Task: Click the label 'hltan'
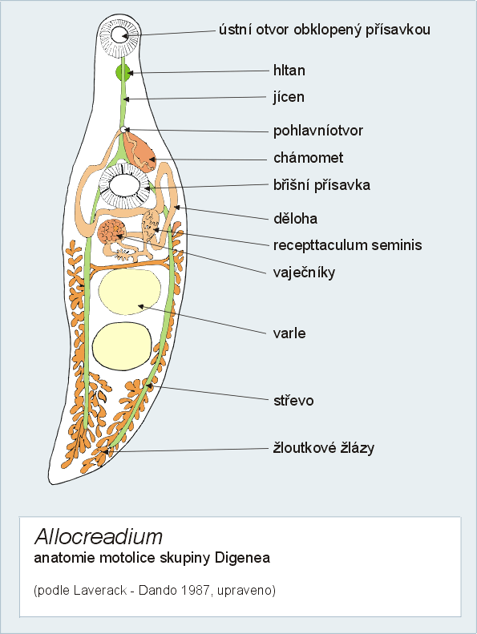(x=289, y=71)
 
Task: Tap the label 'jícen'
(x=289, y=97)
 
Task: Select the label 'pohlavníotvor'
(x=318, y=131)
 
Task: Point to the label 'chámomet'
(x=309, y=157)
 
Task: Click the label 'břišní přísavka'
(x=321, y=185)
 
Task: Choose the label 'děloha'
(x=295, y=218)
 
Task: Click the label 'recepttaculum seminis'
(x=348, y=245)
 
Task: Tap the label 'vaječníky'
(x=305, y=273)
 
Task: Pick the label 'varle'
(x=289, y=333)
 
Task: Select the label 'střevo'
(x=293, y=400)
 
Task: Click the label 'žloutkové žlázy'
(x=324, y=447)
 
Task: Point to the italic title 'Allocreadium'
(x=99, y=536)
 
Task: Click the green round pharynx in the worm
(x=123, y=73)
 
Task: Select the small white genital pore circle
(x=123, y=129)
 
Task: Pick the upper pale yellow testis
(x=129, y=292)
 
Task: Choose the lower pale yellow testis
(x=122, y=346)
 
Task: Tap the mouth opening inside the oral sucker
(x=119, y=34)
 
